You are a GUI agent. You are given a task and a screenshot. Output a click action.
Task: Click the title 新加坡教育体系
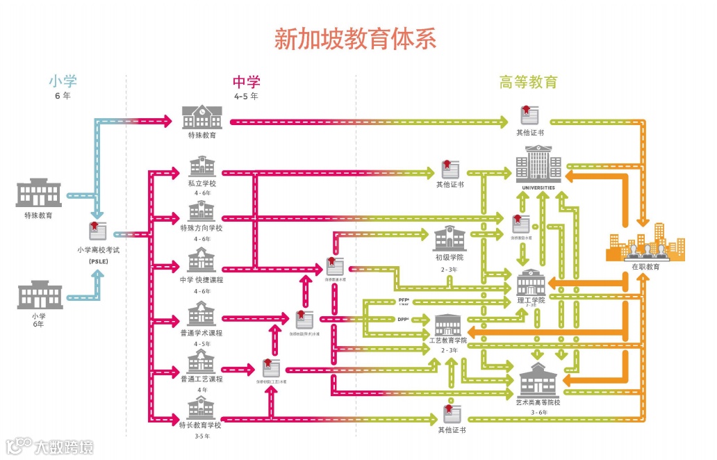pos(355,38)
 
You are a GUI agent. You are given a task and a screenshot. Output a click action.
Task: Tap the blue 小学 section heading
pos(62,82)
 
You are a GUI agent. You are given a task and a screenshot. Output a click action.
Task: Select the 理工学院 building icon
pos(532,281)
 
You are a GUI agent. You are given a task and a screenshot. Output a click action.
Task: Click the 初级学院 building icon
pos(450,238)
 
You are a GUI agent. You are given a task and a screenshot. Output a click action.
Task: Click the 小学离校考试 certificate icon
pos(98,231)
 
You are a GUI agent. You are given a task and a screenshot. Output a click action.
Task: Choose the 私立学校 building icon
pos(201,167)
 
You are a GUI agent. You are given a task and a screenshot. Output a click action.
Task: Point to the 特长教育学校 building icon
pos(201,407)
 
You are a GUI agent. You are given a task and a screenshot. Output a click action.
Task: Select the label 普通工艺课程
pos(201,379)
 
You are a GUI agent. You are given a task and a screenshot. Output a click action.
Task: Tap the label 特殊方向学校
pos(201,228)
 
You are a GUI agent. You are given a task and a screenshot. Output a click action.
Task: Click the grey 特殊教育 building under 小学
pos(38,193)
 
